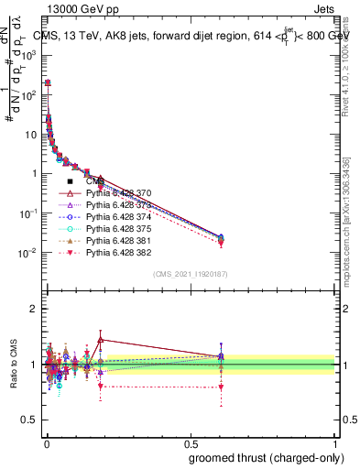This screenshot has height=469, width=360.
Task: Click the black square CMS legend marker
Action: pyautogui.click(x=70, y=181)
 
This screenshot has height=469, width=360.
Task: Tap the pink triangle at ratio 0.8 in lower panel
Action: pyautogui.click(x=220, y=387)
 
